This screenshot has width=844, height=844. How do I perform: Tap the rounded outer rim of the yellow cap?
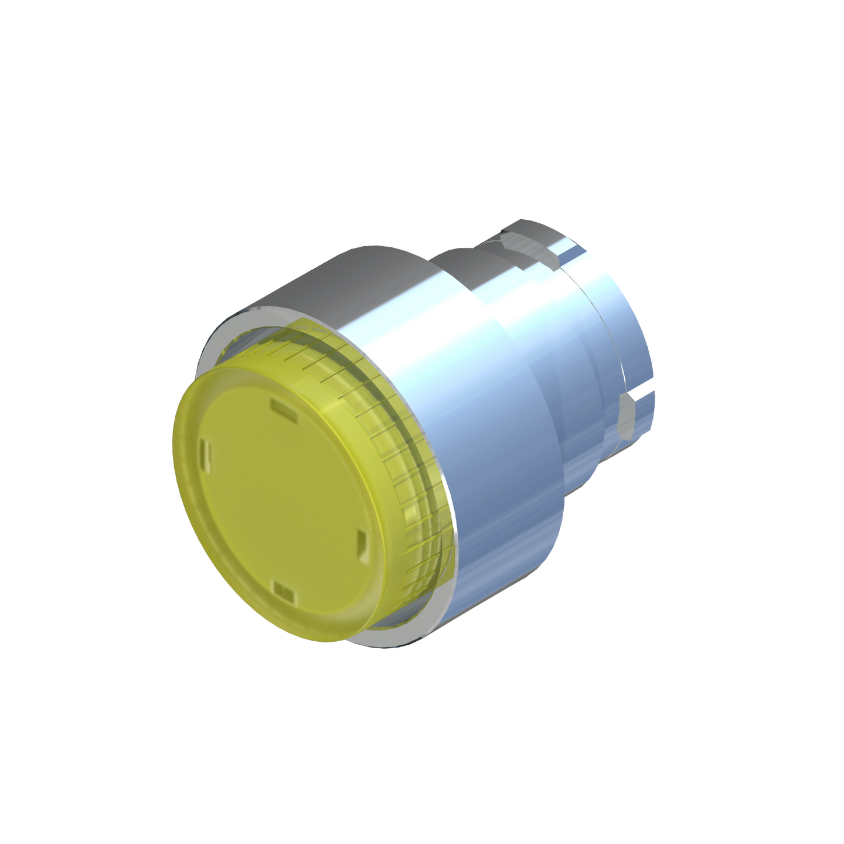(x=193, y=527)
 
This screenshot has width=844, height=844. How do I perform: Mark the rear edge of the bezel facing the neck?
(x=557, y=469)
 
